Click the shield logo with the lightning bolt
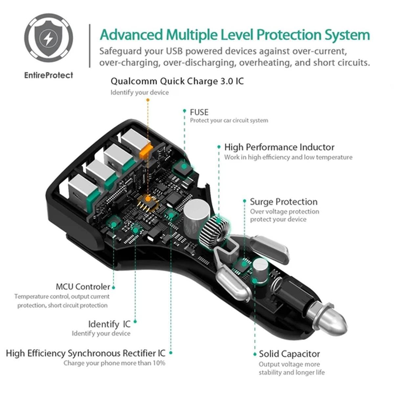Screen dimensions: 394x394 (x=49, y=38)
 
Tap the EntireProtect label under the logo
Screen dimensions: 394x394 (x=49, y=75)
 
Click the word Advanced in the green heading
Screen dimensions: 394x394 (x=131, y=35)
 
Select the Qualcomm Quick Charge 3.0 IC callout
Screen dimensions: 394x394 (x=177, y=81)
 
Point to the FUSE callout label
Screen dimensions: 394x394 (x=199, y=112)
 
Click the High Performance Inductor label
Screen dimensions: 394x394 (x=279, y=147)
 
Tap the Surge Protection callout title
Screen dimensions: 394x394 (x=284, y=202)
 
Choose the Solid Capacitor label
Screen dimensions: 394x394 (x=289, y=354)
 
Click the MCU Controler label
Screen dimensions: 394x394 (x=83, y=287)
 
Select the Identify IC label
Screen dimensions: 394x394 (x=109, y=324)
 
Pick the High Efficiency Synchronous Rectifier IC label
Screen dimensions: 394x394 (x=86, y=353)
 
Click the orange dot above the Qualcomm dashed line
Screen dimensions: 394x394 (x=148, y=100)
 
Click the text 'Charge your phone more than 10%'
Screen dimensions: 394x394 (x=115, y=363)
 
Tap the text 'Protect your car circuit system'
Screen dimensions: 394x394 (x=229, y=120)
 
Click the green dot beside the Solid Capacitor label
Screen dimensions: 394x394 (x=255, y=354)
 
